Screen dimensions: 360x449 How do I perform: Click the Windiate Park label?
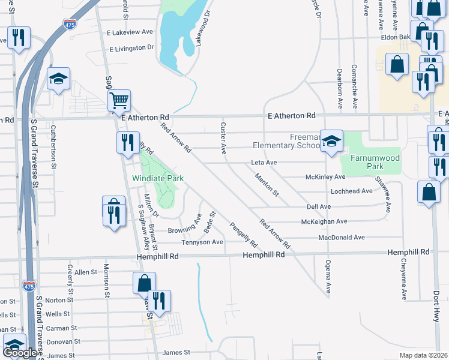158,179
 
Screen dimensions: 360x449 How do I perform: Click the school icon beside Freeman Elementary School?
331,142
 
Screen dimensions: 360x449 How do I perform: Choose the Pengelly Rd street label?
243,236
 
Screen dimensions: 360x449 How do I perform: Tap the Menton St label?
267,185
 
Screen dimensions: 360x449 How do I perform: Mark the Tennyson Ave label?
202,242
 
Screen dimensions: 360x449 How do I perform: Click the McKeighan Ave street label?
324,221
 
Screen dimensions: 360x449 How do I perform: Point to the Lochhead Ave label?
351,191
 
